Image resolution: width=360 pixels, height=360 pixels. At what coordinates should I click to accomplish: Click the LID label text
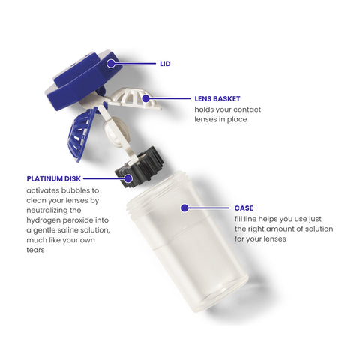tap(165, 64)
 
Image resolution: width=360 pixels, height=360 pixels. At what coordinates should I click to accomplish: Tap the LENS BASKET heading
tap(217, 99)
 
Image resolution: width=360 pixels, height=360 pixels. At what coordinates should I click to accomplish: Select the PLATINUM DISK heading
tap(54, 178)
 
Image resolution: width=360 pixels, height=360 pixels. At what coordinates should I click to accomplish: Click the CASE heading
tap(244, 208)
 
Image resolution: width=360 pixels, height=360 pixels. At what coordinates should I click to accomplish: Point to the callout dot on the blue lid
tap(111, 64)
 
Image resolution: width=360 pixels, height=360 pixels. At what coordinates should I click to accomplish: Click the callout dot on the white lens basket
tap(145, 98)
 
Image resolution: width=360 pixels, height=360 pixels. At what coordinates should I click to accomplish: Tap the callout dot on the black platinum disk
tap(128, 178)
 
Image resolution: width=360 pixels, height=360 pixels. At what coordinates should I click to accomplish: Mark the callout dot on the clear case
tap(184, 208)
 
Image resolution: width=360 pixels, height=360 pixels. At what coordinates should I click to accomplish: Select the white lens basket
tap(135, 99)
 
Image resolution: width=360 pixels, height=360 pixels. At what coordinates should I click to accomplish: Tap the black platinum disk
tap(139, 167)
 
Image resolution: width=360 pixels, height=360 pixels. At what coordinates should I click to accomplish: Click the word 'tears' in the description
tap(35, 250)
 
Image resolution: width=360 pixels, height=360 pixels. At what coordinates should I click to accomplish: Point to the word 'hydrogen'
tap(43, 220)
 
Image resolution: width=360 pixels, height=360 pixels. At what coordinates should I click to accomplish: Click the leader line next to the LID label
tap(135, 64)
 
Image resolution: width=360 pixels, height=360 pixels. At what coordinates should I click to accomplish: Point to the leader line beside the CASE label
tap(208, 208)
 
